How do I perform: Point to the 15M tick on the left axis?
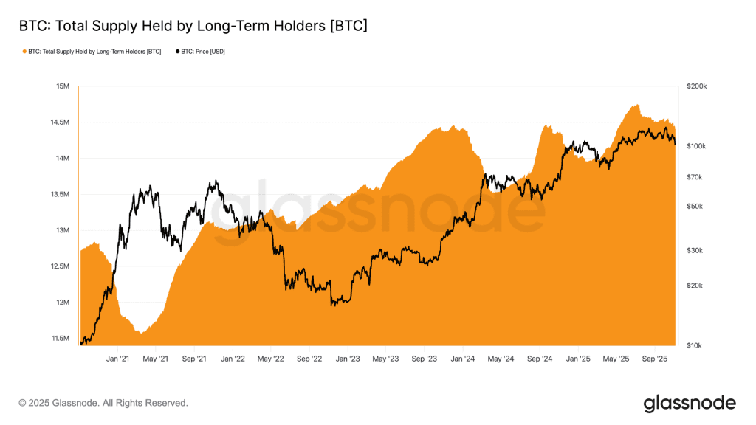63,86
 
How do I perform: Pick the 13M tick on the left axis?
63,231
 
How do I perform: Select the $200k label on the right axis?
697,86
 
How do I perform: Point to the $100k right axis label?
697,146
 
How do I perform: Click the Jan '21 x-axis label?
117,359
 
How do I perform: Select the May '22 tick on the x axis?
270,359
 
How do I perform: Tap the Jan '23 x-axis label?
348,359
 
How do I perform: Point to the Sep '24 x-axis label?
540,359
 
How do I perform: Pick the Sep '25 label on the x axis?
655,359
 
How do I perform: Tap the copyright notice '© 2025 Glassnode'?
103,403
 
